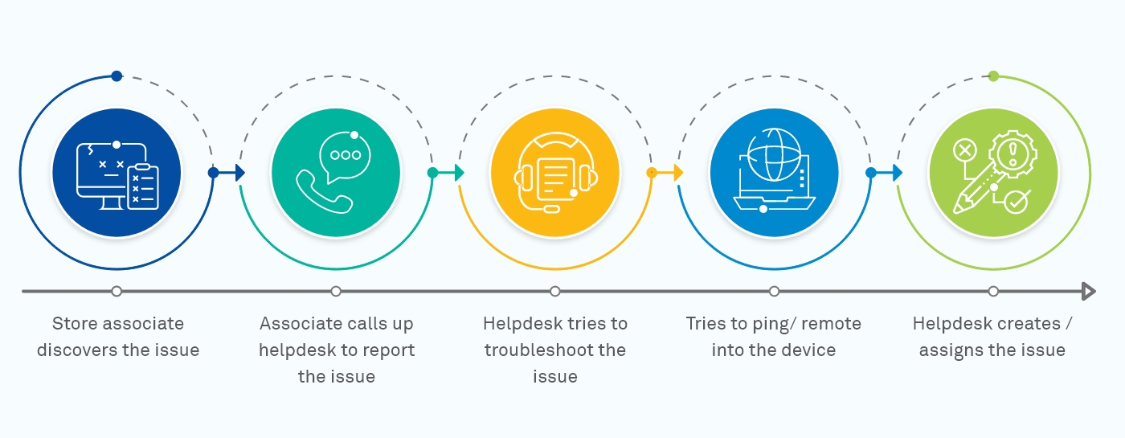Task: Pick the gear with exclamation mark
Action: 1012,154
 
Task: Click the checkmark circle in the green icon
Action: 1017,202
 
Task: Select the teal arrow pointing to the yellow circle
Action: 456,173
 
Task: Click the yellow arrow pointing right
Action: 676,173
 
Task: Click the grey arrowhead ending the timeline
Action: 1089,291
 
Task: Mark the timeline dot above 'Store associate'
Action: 117,291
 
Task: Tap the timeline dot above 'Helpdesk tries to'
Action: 555,291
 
